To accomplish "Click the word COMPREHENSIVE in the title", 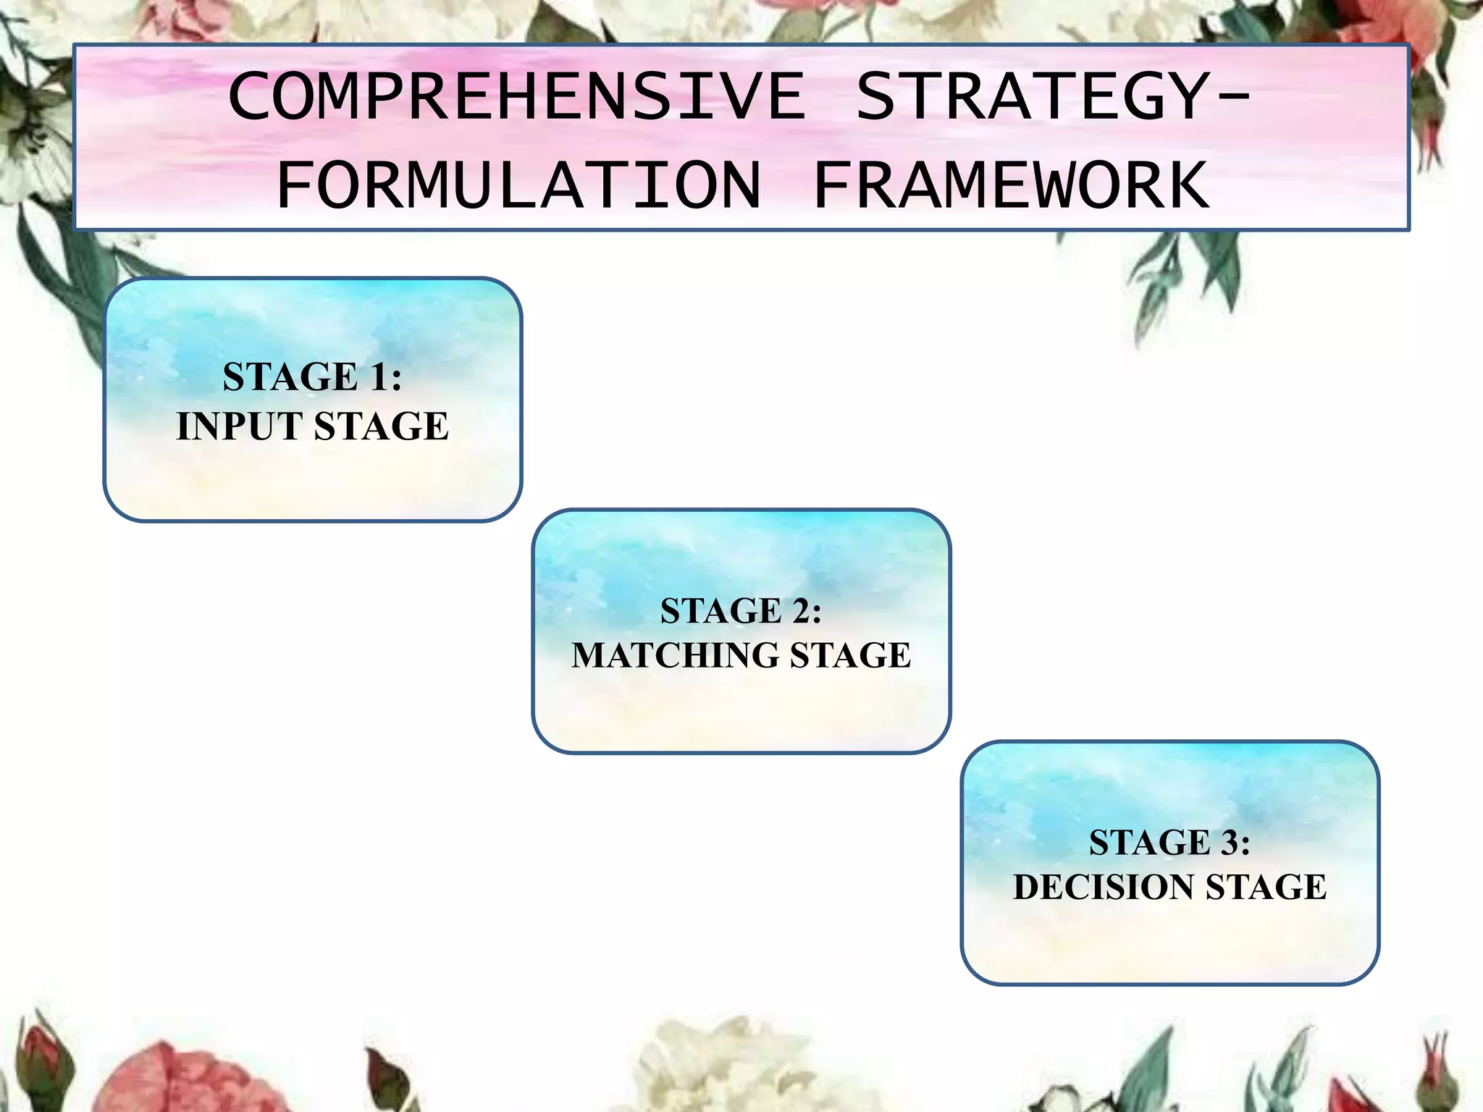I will pyautogui.click(x=516, y=97).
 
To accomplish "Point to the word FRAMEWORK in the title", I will pyautogui.click(x=1011, y=187).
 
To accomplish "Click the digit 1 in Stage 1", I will pyautogui.click(x=379, y=377).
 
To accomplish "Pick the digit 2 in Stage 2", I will pyautogui.click(x=801, y=611).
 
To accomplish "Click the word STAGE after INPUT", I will pyautogui.click(x=382, y=426).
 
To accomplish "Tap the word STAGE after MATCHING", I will pyautogui.click(x=850, y=655).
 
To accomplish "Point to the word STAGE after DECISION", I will pyautogui.click(x=1266, y=888).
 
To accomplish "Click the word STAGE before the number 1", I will pyautogui.click(x=290, y=377).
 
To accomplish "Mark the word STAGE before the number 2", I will pyautogui.click(x=721, y=611).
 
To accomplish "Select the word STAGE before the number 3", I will pyautogui.click(x=1150, y=843).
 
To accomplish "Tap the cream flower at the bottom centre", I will pyautogui.click(x=724, y=1064).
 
